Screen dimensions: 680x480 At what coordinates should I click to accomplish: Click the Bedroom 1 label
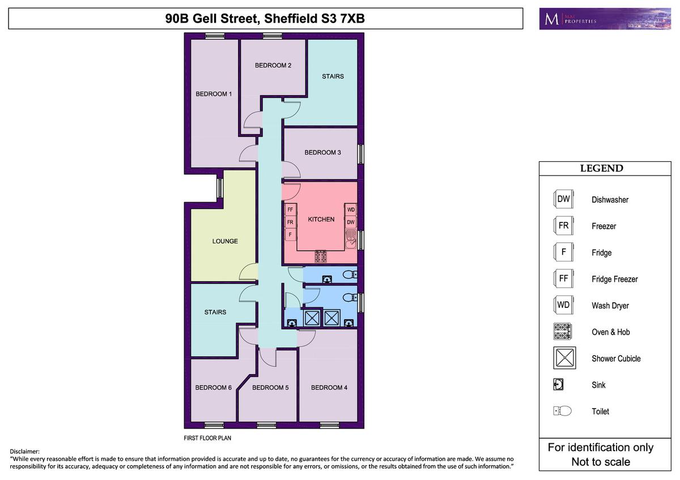click(x=214, y=94)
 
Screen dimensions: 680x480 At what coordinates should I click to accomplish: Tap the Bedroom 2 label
click(x=273, y=65)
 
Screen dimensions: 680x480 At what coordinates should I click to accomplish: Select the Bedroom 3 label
click(x=322, y=152)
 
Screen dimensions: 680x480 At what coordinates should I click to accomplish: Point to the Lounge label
click(x=225, y=241)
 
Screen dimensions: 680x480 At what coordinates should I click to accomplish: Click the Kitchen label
click(x=321, y=219)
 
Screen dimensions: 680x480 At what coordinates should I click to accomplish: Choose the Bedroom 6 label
click(x=214, y=388)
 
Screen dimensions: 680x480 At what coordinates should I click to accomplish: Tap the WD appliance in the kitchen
click(x=351, y=209)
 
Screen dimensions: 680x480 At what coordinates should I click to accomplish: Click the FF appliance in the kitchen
click(x=290, y=209)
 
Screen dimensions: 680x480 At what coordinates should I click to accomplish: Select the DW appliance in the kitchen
click(x=351, y=222)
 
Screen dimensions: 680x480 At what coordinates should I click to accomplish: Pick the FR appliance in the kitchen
click(x=290, y=222)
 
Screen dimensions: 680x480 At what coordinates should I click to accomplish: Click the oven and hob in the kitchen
click(x=321, y=256)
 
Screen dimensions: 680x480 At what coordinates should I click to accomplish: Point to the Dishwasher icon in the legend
click(x=563, y=199)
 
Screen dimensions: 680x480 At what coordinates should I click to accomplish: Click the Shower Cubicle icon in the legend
click(x=564, y=358)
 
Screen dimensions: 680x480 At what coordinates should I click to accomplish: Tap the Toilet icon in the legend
click(x=562, y=411)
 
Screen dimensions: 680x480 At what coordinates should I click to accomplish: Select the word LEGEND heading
click(x=601, y=168)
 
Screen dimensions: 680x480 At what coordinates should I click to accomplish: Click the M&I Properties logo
click(x=605, y=19)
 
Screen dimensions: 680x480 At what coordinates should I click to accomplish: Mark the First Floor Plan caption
click(x=207, y=438)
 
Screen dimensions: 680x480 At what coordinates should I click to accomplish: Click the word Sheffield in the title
click(x=300, y=19)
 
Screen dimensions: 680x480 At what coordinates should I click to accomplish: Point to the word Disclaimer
click(x=24, y=452)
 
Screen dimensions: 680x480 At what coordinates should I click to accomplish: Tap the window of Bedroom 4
click(x=329, y=425)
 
